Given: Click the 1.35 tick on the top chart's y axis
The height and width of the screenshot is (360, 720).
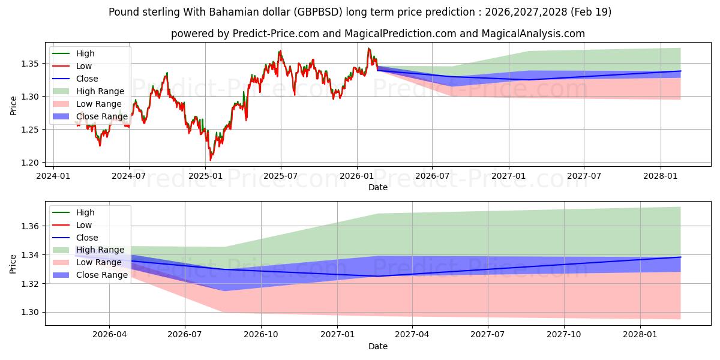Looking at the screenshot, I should [31, 64].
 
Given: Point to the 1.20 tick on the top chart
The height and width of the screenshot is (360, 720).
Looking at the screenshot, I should [31, 163].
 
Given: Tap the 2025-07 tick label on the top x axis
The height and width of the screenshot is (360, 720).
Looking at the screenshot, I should [281, 176].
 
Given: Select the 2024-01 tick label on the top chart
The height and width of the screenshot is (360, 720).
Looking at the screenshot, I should [53, 176].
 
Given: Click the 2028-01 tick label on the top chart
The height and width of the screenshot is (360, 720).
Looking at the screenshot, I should [661, 176].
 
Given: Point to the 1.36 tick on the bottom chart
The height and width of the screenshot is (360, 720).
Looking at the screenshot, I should [31, 226].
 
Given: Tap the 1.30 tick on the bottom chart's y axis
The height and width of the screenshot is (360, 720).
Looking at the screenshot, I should [31, 312].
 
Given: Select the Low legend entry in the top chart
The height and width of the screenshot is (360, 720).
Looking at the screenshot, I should [85, 66].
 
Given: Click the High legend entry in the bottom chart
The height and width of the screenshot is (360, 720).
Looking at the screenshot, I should [85, 212].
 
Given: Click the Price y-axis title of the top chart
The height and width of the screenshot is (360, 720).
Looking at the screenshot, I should [13, 105].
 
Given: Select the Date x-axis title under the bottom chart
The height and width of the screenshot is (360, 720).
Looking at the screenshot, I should [377, 346].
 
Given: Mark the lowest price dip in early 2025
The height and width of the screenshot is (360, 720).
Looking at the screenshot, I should [210, 160].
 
